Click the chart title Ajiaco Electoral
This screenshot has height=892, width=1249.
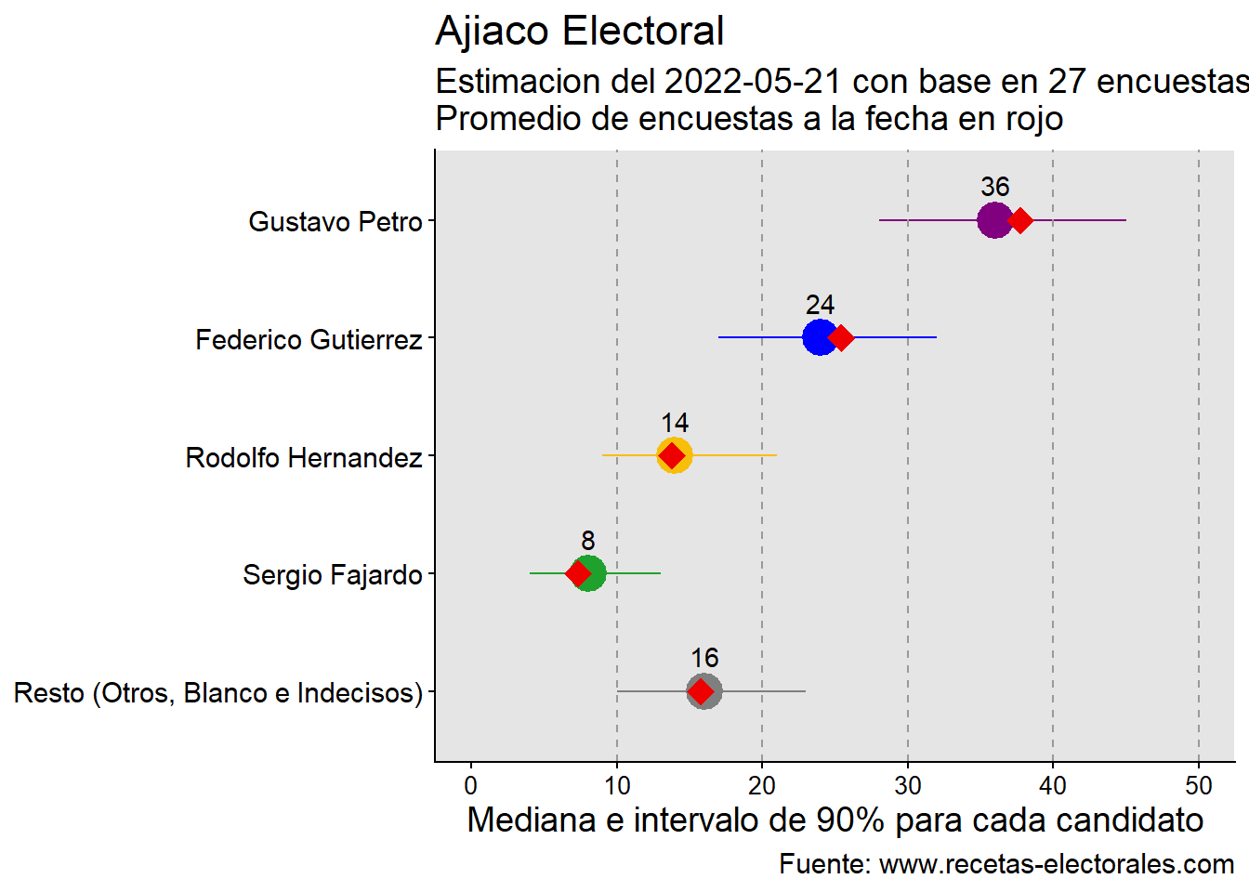(579, 32)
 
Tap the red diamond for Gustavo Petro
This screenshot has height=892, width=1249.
(1020, 221)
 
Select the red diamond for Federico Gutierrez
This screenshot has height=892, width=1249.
(841, 338)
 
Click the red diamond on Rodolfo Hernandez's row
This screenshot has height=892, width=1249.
(671, 456)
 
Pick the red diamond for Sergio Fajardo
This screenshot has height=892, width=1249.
(578, 574)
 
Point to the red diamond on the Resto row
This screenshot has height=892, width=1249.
(702, 692)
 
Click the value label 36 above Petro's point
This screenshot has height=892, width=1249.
(994, 187)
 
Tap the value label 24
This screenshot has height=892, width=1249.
(820, 305)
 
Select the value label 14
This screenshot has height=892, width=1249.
(675, 423)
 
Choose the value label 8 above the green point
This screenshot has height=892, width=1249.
(587, 541)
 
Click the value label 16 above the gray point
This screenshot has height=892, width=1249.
(704, 658)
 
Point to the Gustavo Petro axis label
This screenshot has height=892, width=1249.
(335, 222)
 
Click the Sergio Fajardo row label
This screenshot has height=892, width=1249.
(333, 575)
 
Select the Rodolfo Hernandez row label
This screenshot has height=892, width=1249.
(304, 458)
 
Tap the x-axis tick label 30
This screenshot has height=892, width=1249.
(908, 786)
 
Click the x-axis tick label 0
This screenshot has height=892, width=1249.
(471, 786)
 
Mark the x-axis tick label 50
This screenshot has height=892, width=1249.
(1199, 786)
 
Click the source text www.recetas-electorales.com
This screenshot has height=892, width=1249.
(1057, 864)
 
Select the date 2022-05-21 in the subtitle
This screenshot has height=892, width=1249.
(753, 82)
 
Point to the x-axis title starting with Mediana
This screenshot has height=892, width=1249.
(835, 820)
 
